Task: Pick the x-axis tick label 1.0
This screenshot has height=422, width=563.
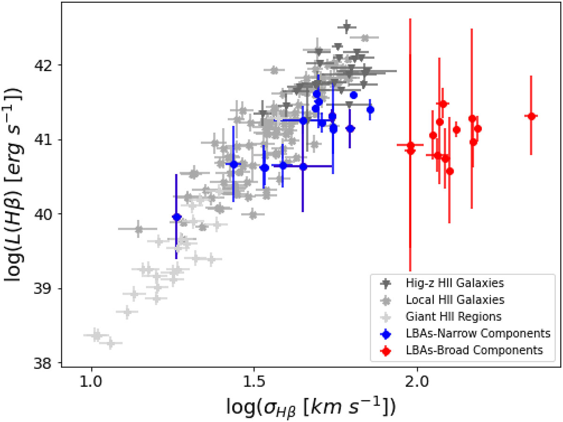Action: point(91,379)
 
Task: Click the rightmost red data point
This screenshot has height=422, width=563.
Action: point(531,116)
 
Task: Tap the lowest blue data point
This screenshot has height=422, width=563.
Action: point(176,217)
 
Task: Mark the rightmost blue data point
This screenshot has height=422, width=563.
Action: point(370,109)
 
